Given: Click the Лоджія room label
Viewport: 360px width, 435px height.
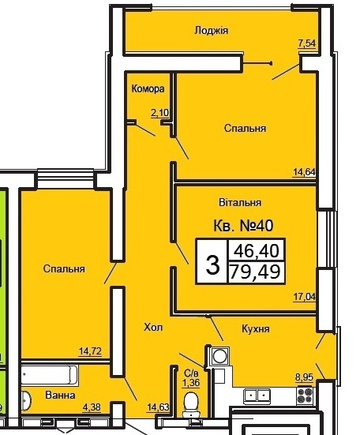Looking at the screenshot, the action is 211,30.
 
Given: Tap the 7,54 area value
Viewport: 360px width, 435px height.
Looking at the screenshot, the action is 307,44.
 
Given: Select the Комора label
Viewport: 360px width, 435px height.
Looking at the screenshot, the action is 148,88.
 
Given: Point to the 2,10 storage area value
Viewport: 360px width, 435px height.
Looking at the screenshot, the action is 159,113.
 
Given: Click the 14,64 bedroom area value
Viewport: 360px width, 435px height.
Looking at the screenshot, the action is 304,172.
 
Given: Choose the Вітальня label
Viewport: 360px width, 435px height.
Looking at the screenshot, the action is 240,202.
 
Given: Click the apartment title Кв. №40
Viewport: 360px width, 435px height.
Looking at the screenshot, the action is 243,225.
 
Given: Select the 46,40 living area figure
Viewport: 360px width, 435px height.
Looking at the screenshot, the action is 257,250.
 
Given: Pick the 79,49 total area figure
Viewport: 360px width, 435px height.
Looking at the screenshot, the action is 255,272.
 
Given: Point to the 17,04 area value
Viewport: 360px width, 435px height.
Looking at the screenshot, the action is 305,297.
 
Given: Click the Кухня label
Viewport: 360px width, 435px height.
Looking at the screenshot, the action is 256,328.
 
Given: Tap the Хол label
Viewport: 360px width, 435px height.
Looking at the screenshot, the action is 153,328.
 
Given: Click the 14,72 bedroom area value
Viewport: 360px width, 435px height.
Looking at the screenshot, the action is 91,351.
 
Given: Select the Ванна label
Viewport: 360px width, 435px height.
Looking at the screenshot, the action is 60,395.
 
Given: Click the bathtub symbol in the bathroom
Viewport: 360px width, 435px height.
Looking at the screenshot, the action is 50,375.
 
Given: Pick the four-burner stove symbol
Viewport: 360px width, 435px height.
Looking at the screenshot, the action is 305,396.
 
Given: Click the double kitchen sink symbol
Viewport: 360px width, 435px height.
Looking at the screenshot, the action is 257,396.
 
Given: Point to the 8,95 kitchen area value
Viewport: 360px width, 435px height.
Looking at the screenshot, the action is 305,377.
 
